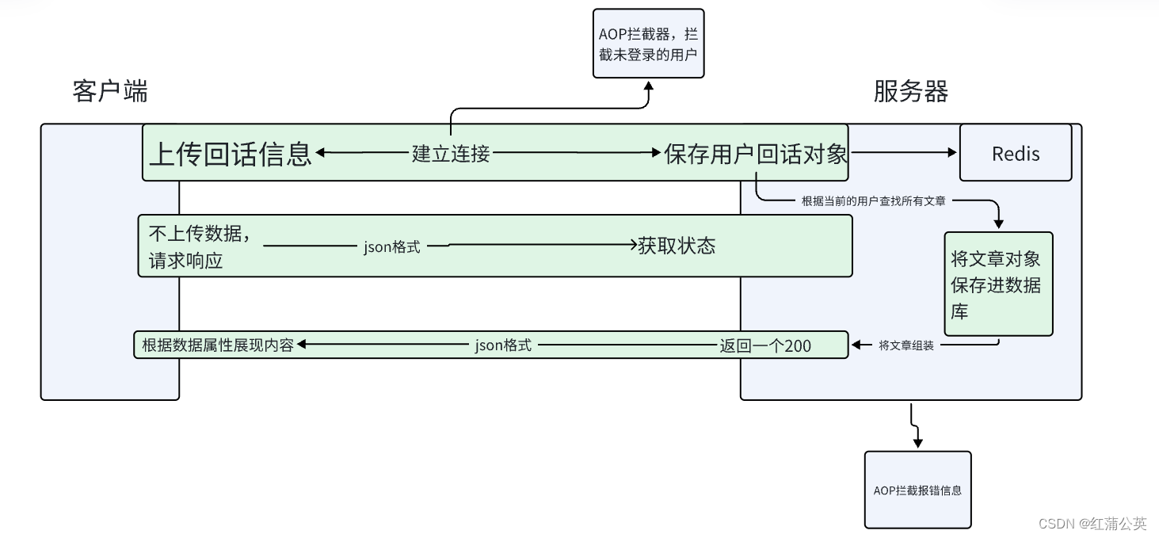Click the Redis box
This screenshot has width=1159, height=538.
pyautogui.click(x=1015, y=153)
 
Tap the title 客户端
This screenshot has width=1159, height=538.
pyautogui.click(x=110, y=91)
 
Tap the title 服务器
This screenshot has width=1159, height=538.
pyautogui.click(x=910, y=91)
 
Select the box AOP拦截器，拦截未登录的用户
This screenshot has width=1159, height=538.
pyautogui.click(x=648, y=44)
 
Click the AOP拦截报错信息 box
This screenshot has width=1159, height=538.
pyautogui.click(x=917, y=490)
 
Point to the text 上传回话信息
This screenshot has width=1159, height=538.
pyautogui.click(x=231, y=153)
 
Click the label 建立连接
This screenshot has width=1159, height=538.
pyautogui.click(x=451, y=154)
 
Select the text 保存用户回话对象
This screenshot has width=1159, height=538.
pyautogui.click(x=756, y=154)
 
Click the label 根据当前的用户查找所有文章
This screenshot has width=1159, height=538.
pyautogui.click(x=873, y=200)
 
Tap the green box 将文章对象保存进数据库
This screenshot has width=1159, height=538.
pyautogui.click(x=997, y=284)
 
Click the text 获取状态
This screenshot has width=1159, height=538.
pyautogui.click(x=677, y=246)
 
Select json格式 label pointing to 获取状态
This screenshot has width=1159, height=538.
pyautogui.click(x=392, y=246)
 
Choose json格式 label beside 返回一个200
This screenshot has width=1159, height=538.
pyautogui.click(x=503, y=345)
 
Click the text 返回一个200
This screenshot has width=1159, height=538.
pyautogui.click(x=764, y=345)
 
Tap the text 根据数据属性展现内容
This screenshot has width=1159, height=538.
pyautogui.click(x=218, y=345)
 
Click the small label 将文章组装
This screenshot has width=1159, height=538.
pyautogui.click(x=906, y=345)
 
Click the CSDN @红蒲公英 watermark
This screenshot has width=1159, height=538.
pyautogui.click(x=1092, y=523)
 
